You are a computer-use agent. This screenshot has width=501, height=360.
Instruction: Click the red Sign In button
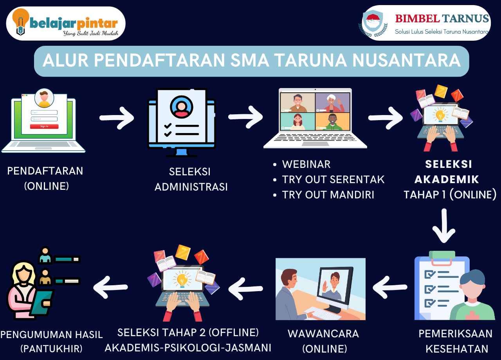[44, 126]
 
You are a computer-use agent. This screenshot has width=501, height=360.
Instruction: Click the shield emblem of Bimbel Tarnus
[373, 22]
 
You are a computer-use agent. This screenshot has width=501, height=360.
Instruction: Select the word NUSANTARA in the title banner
[406, 60]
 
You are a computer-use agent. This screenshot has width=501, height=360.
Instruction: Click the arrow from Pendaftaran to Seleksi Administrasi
[117, 118]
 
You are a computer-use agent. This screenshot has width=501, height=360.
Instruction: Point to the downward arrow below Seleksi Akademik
[444, 226]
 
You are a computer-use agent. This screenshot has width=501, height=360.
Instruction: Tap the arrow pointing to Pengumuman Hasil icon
[110, 287]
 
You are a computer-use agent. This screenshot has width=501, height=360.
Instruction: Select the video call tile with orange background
[333, 121]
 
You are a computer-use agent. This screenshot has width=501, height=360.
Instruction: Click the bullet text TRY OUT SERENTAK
[333, 180]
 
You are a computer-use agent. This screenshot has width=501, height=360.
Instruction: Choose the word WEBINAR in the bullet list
[306, 164]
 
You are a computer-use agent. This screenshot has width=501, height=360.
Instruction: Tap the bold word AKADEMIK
[447, 179]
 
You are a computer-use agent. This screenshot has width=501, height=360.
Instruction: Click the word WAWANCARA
[323, 334]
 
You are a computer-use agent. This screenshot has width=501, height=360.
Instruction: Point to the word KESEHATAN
[457, 349]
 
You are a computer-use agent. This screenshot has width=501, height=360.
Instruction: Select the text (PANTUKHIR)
[51, 349]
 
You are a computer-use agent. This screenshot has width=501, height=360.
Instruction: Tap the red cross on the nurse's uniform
[472, 315]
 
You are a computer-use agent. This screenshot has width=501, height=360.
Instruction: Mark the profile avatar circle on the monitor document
[181, 107]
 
